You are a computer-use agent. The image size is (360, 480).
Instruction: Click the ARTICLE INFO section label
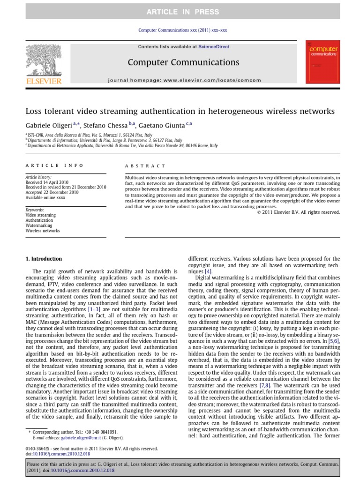(x=54, y=165)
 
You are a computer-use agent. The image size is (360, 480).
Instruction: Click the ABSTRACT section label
(x=145, y=166)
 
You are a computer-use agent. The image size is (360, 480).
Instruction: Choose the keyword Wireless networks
(x=43, y=231)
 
